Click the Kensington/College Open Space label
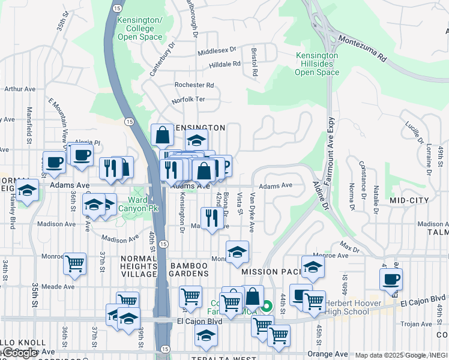[x=140, y=29]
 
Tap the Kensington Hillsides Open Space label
[x=316, y=64]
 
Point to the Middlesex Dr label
[x=217, y=52]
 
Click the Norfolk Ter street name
[x=188, y=100]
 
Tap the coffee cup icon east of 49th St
[x=391, y=278]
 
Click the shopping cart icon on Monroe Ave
[x=74, y=263]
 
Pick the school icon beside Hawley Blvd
[x=26, y=191]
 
